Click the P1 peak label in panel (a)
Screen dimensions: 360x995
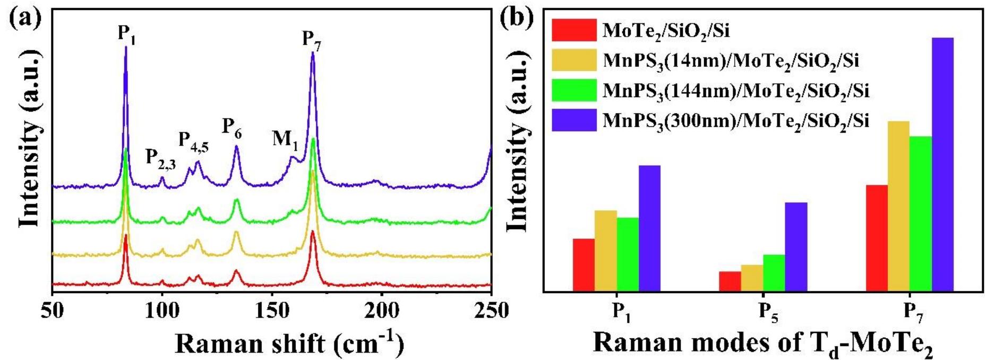pos(126,35)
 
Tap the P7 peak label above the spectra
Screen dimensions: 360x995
pos(312,40)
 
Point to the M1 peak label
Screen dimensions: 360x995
pos(285,140)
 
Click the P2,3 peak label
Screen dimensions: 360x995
pos(161,158)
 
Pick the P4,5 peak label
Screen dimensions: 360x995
pos(193,141)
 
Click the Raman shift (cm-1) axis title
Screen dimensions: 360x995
pos(289,344)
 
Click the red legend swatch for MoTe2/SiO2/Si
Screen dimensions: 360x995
pos(573,30)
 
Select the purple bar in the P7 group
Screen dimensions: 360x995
pos(942,165)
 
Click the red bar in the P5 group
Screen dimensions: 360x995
pos(730,281)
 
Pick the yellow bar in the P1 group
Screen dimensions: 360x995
pos(605,251)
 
